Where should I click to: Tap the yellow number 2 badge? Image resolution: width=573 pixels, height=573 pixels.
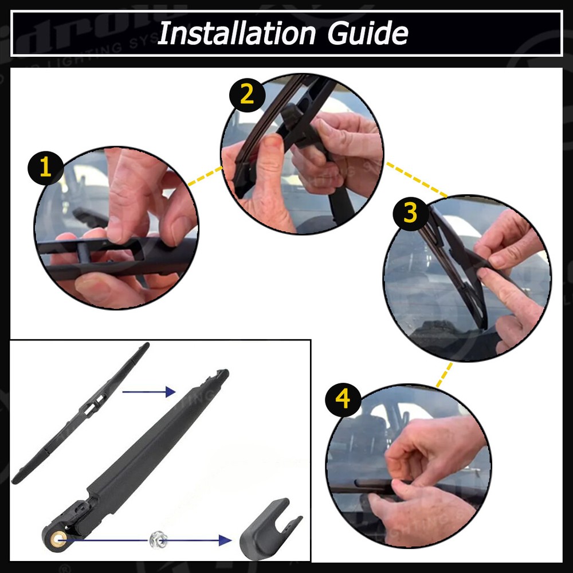click(247, 95)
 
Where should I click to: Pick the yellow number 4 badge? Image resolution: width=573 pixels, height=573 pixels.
click(343, 399)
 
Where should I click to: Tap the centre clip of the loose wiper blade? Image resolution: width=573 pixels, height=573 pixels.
click(91, 409)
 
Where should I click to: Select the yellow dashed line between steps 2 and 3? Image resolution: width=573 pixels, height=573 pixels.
click(415, 178)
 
